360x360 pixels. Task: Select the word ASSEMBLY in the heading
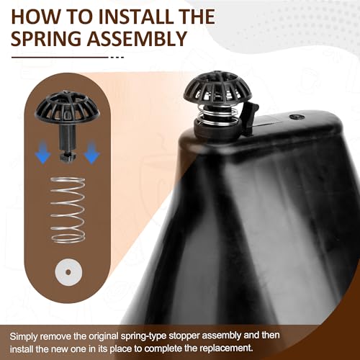(x=137, y=39)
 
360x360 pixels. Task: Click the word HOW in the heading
(x=32, y=17)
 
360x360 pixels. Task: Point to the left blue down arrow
(x=43, y=152)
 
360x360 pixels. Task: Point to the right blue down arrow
(x=91, y=152)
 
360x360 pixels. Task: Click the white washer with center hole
(x=68, y=272)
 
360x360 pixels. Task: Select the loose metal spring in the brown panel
(x=68, y=210)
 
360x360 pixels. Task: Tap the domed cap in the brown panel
(x=68, y=106)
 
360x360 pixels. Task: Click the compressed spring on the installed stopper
(x=218, y=115)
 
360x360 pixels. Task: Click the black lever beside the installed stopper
(x=250, y=117)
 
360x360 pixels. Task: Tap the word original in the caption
(x=104, y=336)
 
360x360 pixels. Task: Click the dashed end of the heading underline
(x=117, y=58)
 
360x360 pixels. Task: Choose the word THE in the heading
(x=197, y=17)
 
